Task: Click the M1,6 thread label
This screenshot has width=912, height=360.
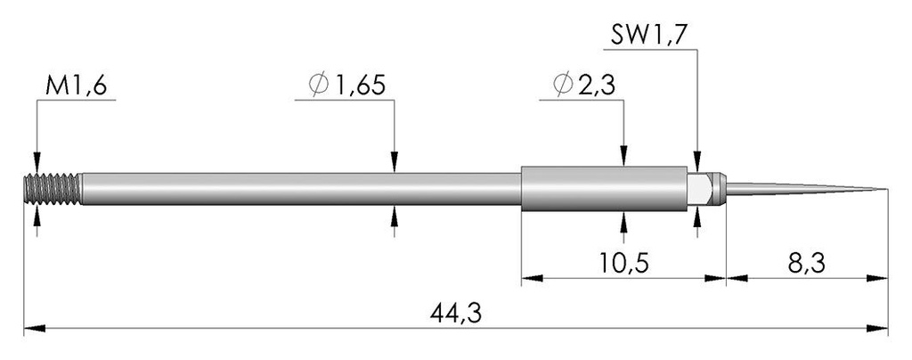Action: (76, 86)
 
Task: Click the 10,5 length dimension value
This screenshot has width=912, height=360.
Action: (624, 264)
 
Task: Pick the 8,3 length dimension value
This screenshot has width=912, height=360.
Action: (807, 264)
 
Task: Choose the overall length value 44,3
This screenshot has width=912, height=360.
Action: (456, 314)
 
